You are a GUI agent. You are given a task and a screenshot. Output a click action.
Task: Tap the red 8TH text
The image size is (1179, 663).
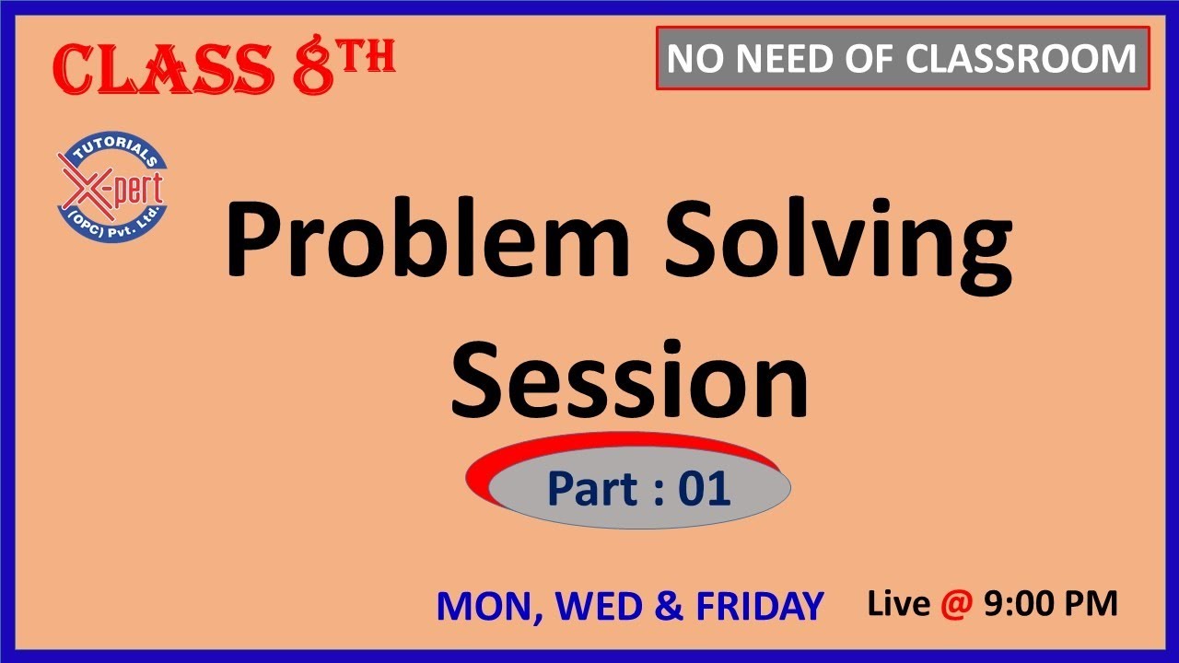pos(344,66)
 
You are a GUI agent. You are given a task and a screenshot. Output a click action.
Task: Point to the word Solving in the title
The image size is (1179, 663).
pos(839,241)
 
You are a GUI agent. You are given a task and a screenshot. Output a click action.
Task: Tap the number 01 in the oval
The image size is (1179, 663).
pos(704,489)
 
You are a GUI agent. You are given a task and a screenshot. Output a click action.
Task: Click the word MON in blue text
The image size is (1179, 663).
pos(481,606)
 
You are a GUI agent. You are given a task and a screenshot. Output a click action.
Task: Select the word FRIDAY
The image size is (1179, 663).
pos(759,606)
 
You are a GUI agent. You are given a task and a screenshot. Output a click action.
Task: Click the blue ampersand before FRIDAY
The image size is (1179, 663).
pos(671,606)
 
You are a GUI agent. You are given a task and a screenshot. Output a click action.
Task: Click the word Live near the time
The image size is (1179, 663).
pos(900,603)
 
